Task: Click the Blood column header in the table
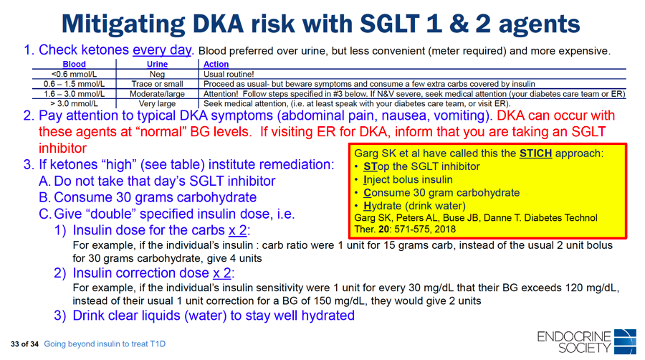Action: click(x=74, y=64)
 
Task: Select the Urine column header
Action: click(x=157, y=64)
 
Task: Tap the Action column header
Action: click(x=216, y=64)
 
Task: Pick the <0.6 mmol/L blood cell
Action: click(x=74, y=74)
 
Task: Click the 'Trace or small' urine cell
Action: click(x=157, y=84)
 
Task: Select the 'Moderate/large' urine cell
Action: click(x=157, y=94)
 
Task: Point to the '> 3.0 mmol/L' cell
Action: click(x=74, y=104)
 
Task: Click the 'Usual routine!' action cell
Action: click(x=229, y=74)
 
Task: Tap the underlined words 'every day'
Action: click(x=162, y=49)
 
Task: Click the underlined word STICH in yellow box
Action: click(x=535, y=153)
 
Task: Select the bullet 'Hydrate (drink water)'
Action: click(x=415, y=206)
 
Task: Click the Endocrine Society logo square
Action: click(x=625, y=341)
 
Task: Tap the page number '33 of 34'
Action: click(x=24, y=344)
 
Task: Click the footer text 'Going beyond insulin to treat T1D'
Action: click(x=105, y=344)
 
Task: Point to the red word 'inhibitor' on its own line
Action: click(x=62, y=148)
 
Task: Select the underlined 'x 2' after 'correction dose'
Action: click(x=221, y=273)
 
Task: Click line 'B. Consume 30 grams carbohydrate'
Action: click(x=148, y=197)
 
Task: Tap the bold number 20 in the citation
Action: click(x=384, y=229)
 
